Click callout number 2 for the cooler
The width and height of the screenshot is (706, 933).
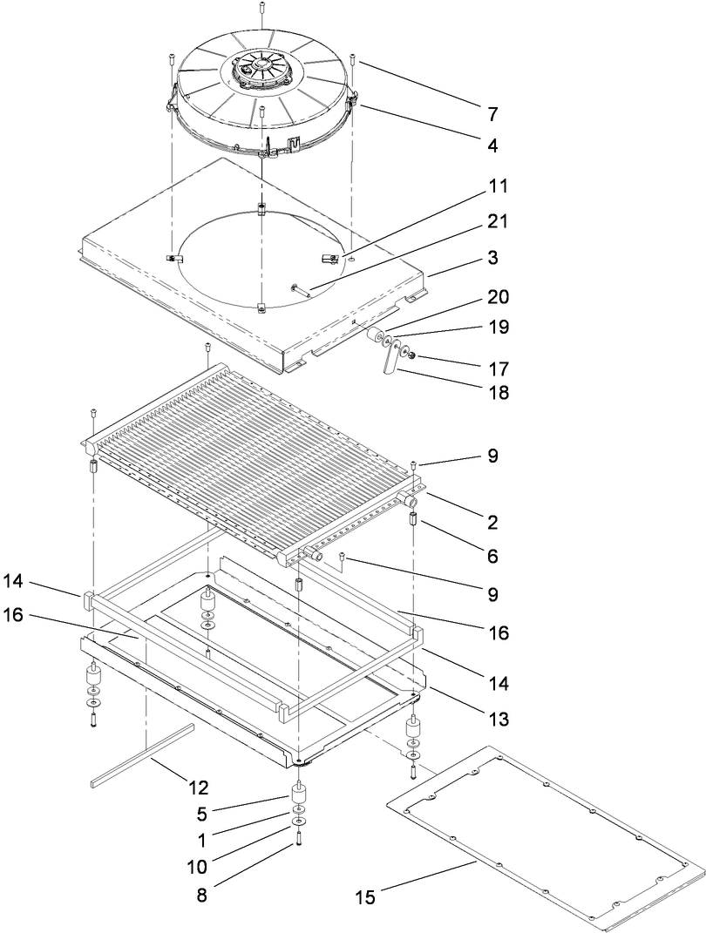pyautogui.click(x=493, y=523)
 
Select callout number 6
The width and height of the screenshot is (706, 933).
pyautogui.click(x=493, y=554)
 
